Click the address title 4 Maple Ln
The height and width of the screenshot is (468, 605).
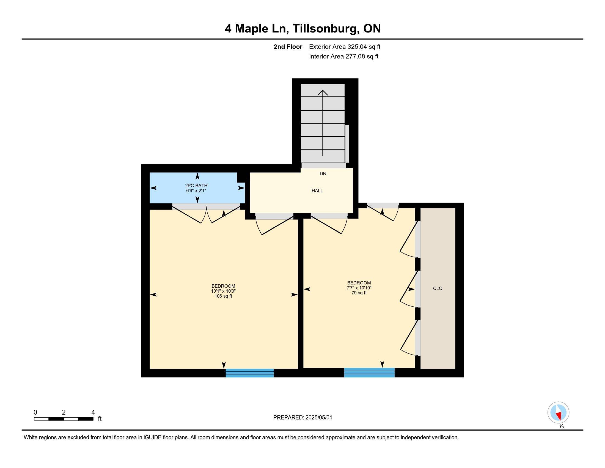(x=257, y=29)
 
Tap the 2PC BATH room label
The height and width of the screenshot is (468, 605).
(x=196, y=186)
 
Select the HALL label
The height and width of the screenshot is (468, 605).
(x=317, y=191)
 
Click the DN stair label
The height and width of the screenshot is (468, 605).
(x=323, y=173)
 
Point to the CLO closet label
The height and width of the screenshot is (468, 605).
(x=438, y=288)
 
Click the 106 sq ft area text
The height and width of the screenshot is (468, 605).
(x=223, y=296)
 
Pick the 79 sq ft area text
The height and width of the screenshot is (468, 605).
(x=359, y=293)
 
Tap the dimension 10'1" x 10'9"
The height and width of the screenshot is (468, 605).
(x=223, y=291)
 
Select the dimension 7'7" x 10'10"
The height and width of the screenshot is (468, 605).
(x=359, y=288)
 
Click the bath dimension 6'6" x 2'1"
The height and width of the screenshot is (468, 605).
(x=196, y=191)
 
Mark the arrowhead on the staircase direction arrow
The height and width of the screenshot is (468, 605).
(x=323, y=92)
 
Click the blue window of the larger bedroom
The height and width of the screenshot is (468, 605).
(x=250, y=373)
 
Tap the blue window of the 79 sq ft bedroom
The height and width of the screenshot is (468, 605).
(x=369, y=373)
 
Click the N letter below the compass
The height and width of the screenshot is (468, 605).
(x=562, y=426)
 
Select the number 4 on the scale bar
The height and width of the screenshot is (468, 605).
(x=93, y=412)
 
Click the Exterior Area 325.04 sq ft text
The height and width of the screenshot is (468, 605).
(x=345, y=47)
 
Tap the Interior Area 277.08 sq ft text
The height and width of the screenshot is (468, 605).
(x=344, y=56)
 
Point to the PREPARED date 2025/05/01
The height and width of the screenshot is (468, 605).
(x=318, y=418)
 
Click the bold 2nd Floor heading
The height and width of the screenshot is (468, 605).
(x=288, y=47)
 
